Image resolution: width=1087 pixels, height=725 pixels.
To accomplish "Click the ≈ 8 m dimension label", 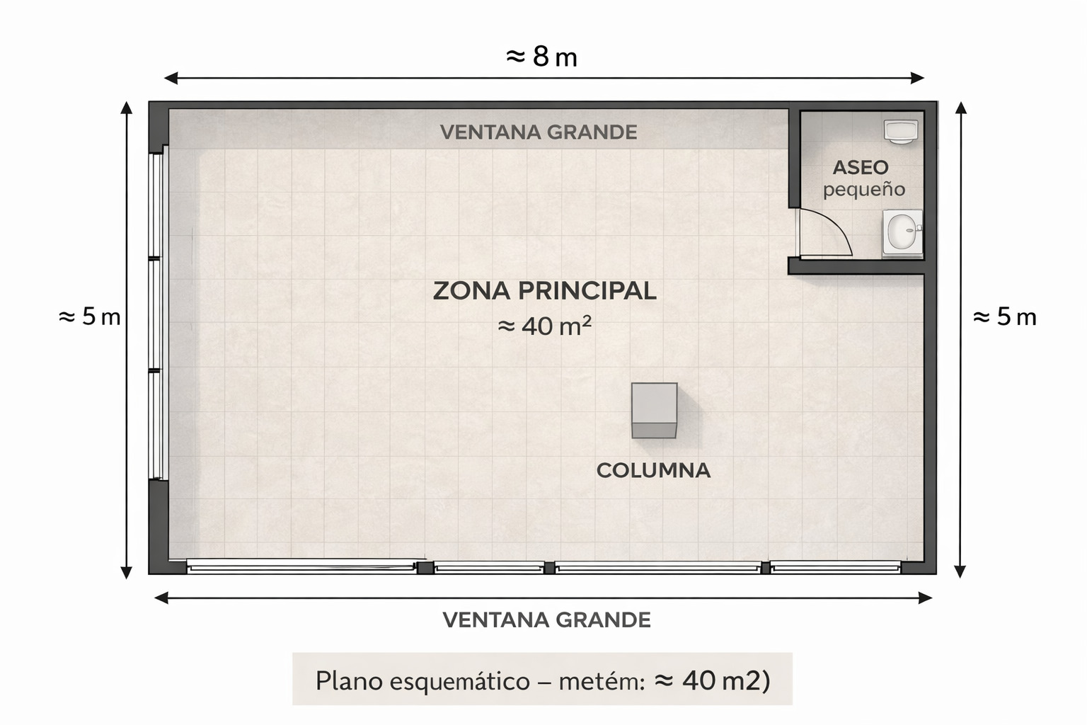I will coord(542,57).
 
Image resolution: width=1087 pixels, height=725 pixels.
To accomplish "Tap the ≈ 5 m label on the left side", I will coord(90,316).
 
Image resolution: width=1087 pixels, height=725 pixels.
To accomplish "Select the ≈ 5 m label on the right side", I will coord(1004,316).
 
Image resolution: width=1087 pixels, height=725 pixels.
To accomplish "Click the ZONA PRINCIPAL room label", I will coord(544,291).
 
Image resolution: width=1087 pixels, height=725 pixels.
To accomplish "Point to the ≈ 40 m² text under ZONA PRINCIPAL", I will coord(544,326).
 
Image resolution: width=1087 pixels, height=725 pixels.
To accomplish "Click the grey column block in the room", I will coord(654,410).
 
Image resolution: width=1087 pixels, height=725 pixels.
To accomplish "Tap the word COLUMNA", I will coord(653,470).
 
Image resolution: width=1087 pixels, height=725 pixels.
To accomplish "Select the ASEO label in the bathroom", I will coord(861,168).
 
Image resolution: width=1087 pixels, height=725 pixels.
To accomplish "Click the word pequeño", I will coord(864,190).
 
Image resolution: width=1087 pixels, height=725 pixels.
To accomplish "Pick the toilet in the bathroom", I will coord(900,132).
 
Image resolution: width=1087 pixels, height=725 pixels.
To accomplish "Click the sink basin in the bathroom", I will coord(902,232).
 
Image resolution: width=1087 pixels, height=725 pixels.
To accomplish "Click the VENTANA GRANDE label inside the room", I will coord(539,132).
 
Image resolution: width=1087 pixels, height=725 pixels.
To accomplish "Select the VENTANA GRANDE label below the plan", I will coord(546,620).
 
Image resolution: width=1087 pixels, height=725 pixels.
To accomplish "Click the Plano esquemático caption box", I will coord(542,680).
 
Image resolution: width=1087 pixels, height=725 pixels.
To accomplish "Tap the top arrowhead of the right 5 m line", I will coord(960,108).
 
